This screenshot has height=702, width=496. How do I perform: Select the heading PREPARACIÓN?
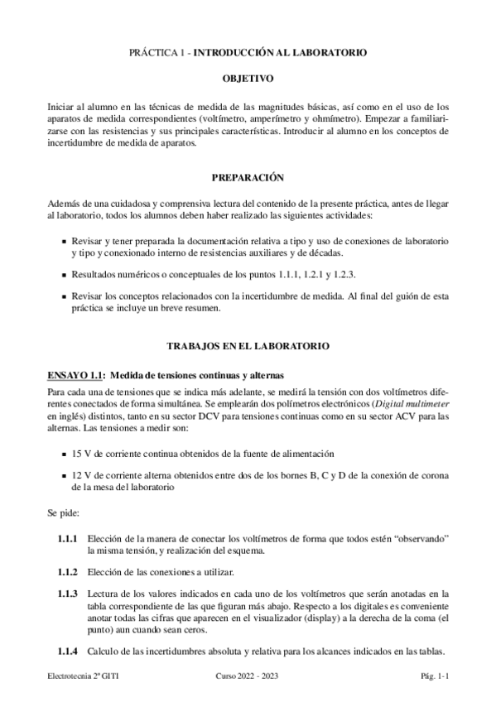[248, 176]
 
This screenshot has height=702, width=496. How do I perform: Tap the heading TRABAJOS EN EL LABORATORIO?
[248, 345]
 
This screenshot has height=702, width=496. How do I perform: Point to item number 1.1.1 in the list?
[67, 538]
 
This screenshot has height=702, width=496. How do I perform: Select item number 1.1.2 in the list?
[67, 573]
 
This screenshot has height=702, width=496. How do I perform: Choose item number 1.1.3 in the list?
[67, 594]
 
